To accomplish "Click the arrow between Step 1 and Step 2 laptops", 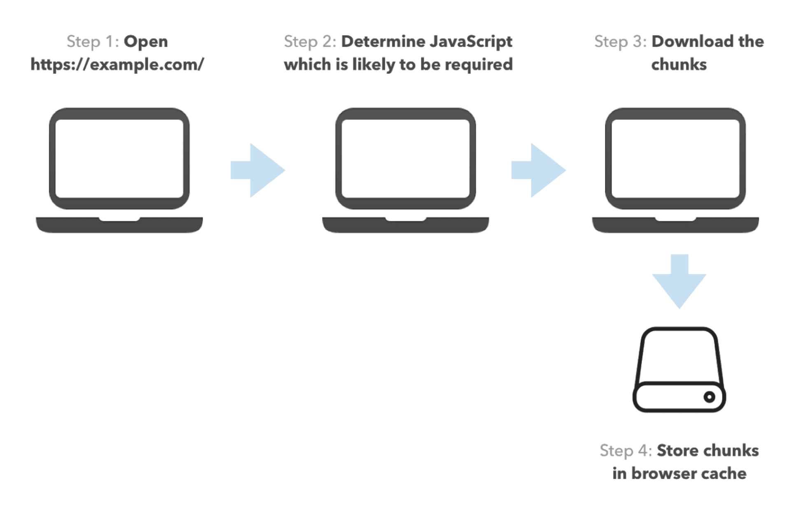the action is click(x=258, y=170).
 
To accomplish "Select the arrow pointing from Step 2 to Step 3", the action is click(x=539, y=170).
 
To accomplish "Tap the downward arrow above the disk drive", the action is click(x=679, y=281).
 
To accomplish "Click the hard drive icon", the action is click(x=679, y=370).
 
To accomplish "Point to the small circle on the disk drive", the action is click(x=709, y=397).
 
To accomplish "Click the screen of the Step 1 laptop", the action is click(x=119, y=159).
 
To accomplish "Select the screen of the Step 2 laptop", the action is click(x=406, y=159).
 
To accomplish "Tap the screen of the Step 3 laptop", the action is click(x=675, y=159).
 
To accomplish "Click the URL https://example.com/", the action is click(x=117, y=65).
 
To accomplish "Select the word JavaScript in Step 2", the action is click(x=470, y=42).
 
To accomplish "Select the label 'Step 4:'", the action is click(x=626, y=451).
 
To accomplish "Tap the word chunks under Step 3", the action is click(x=679, y=64).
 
